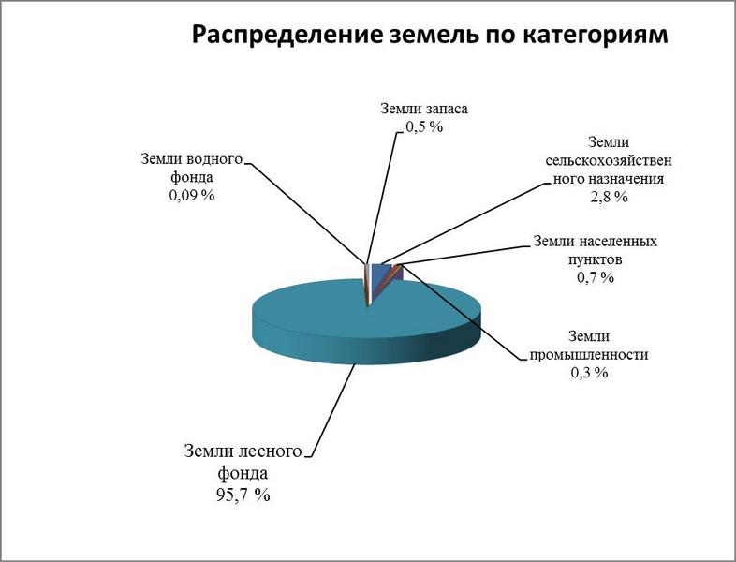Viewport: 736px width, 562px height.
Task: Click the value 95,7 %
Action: (x=243, y=495)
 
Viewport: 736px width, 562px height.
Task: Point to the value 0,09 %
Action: (x=192, y=195)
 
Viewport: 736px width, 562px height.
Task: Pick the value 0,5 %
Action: (x=424, y=126)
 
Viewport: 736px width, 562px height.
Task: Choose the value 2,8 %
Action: (x=609, y=197)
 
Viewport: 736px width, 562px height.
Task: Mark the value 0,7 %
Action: (x=596, y=277)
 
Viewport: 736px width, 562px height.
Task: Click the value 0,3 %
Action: (x=589, y=372)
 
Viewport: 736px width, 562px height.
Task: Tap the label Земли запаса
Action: (x=424, y=109)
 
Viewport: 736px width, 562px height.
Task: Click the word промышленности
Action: (x=589, y=354)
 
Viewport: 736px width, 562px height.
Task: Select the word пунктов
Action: (x=596, y=259)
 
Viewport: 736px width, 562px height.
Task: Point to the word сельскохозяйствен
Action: (x=609, y=160)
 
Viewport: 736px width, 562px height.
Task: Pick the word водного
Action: (x=215, y=158)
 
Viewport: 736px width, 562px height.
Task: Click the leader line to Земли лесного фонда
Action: (x=331, y=409)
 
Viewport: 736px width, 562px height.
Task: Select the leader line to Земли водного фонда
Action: (x=305, y=214)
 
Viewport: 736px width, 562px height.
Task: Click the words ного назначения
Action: (x=609, y=179)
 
